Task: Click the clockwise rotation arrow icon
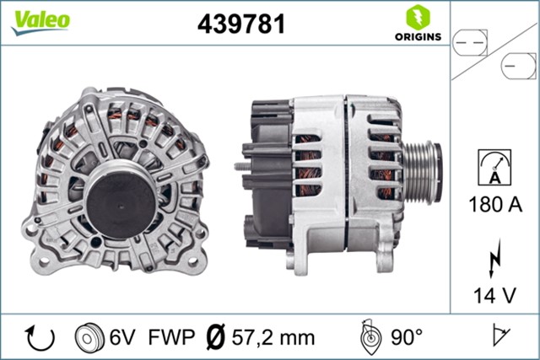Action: click(41, 337)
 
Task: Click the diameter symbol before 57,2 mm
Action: click(215, 337)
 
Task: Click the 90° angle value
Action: click(406, 337)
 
